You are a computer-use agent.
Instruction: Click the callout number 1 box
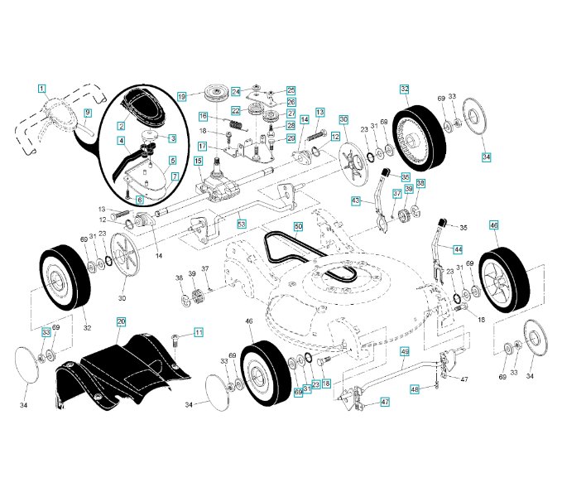click(x=41, y=87)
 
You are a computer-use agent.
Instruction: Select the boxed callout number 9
click(x=88, y=111)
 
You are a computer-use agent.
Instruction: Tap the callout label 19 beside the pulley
click(x=182, y=96)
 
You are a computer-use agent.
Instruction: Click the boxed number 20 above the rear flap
click(x=121, y=321)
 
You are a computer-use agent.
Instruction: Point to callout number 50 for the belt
click(x=299, y=225)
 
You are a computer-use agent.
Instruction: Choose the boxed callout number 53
click(x=242, y=224)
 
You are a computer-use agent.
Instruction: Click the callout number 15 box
click(x=199, y=161)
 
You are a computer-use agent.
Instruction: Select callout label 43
click(x=356, y=200)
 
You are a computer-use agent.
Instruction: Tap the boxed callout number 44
click(x=457, y=248)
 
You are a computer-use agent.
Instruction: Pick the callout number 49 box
click(x=405, y=351)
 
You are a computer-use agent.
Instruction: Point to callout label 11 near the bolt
click(x=199, y=332)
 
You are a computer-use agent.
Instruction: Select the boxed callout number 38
click(x=420, y=183)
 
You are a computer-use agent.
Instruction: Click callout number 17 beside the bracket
click(x=202, y=146)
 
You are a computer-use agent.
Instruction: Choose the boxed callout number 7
click(x=175, y=176)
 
